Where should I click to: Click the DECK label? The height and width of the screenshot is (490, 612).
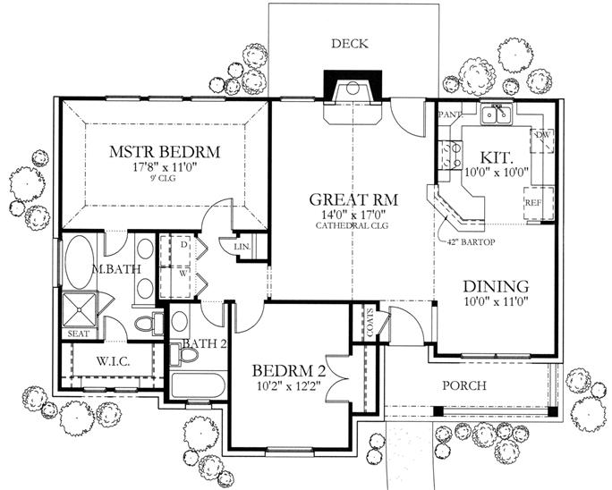[350, 43]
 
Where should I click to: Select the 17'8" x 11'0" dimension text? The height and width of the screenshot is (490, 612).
[166, 166]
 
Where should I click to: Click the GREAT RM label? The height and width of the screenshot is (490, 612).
[353, 199]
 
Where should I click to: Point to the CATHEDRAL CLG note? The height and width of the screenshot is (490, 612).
[353, 226]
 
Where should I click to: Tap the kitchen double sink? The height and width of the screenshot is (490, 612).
[495, 114]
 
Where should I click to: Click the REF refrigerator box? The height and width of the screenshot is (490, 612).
[533, 203]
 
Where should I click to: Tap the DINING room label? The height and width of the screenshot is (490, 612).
[496, 286]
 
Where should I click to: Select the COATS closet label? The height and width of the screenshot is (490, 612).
[370, 323]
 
